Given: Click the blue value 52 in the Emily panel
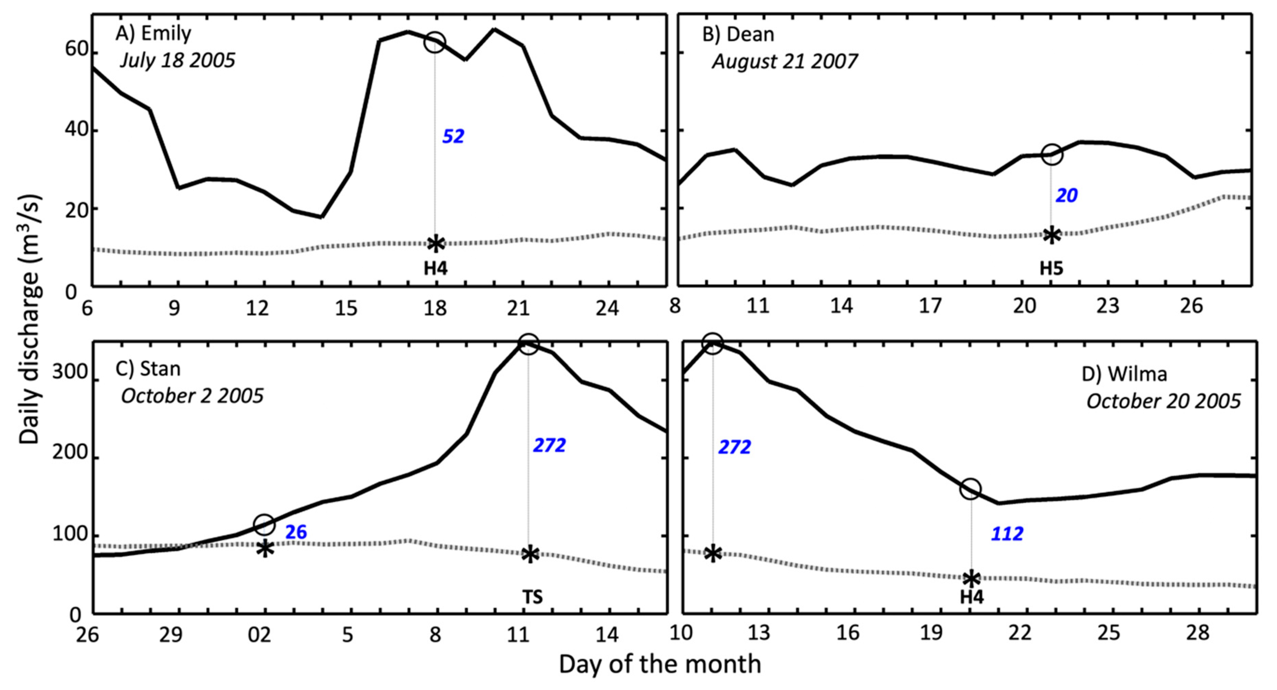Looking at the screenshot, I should (453, 136).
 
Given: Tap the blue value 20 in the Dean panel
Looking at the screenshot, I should (1066, 196).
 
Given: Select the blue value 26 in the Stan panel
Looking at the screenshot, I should (296, 532).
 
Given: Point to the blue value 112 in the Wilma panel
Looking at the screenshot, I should (1007, 534).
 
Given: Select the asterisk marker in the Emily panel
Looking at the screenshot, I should (436, 243).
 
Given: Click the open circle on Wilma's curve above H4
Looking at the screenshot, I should (970, 489).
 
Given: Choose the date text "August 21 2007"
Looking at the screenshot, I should (785, 61).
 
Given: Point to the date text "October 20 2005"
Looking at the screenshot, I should (1163, 401).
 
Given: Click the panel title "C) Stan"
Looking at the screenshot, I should (148, 369).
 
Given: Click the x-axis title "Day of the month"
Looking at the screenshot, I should (660, 664).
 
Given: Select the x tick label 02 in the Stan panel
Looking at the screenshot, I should (259, 634).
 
